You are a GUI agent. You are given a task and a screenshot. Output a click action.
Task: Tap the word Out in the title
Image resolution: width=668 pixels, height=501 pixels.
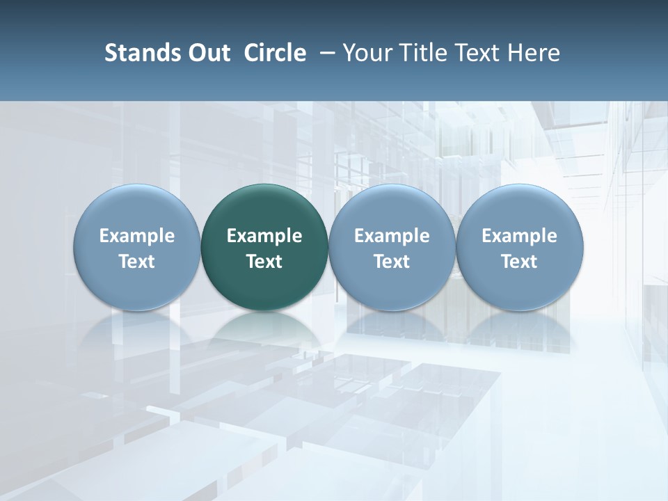[207, 53]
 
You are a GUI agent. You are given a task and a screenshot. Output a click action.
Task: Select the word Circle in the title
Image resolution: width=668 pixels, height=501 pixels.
[275, 53]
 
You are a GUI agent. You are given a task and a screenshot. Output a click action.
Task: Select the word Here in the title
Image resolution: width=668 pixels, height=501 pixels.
[534, 53]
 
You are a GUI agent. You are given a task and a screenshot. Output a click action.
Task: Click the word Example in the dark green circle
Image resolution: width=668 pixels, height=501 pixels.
[264, 236]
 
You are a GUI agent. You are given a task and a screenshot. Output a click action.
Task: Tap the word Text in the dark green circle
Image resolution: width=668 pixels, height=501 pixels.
[264, 262]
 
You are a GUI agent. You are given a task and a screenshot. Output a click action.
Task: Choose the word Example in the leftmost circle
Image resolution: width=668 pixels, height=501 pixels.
[137, 236]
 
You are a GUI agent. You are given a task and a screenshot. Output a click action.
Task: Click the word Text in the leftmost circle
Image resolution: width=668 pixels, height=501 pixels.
[137, 262]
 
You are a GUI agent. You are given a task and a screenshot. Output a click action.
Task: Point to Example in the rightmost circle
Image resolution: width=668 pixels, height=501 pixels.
[519, 236]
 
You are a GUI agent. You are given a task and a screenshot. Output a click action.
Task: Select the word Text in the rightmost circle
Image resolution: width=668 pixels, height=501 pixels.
[519, 262]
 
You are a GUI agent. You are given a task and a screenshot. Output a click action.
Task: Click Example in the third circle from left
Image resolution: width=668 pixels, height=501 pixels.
[392, 236]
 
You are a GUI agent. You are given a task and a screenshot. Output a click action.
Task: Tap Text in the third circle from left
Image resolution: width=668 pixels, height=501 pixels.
[392, 262]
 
